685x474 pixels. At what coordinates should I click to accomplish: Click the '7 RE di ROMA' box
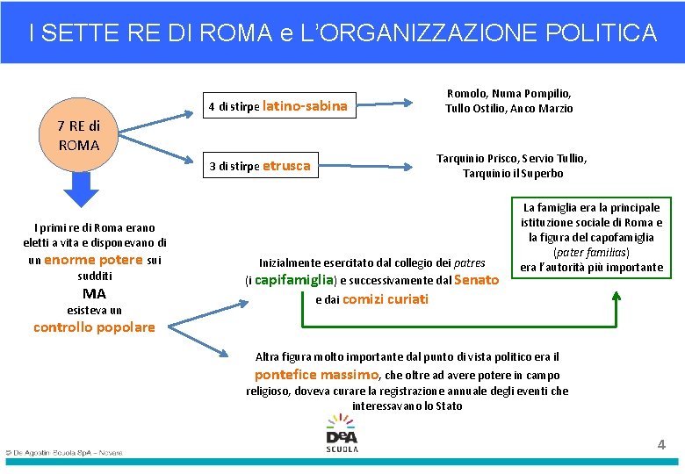pyautogui.click(x=78, y=135)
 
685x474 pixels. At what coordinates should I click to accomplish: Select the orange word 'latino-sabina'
pyautogui.click(x=305, y=106)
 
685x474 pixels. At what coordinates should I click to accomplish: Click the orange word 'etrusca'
pyautogui.click(x=286, y=165)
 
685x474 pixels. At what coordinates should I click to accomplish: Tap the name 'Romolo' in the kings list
pyautogui.click(x=466, y=93)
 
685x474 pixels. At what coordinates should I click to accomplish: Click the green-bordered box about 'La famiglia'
pyautogui.click(x=592, y=237)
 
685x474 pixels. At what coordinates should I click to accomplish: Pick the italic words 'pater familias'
pyautogui.click(x=591, y=252)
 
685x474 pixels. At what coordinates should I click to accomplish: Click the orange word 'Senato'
pyautogui.click(x=478, y=280)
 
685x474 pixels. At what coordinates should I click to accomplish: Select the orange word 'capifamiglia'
pyautogui.click(x=294, y=280)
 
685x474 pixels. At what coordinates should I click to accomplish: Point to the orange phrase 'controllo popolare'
pyautogui.click(x=94, y=327)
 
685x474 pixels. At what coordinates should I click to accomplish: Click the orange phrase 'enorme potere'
pyautogui.click(x=93, y=260)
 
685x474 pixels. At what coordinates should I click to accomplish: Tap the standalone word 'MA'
pyautogui.click(x=94, y=293)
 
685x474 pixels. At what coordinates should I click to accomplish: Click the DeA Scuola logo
pyautogui.click(x=342, y=433)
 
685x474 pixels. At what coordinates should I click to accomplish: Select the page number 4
pyautogui.click(x=661, y=445)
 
